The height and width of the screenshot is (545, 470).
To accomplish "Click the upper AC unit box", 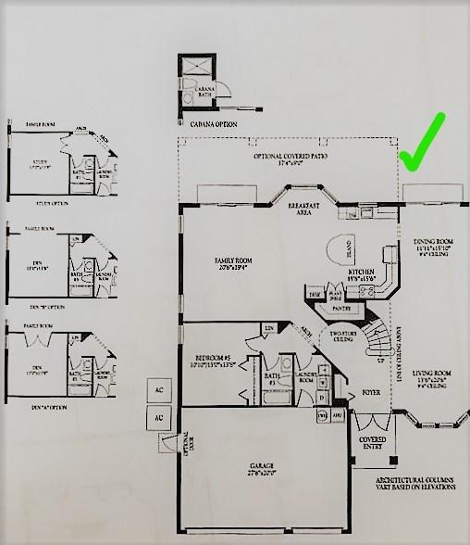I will point(158,391).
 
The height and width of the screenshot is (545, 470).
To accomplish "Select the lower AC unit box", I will point(158,418).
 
